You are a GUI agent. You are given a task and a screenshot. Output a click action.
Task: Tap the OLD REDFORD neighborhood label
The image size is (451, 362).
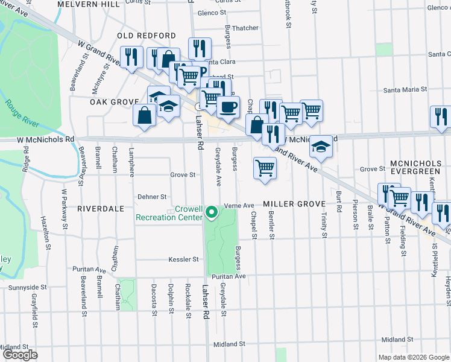[x=147, y=36]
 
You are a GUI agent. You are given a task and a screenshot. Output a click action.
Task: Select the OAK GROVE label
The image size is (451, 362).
[x=110, y=102]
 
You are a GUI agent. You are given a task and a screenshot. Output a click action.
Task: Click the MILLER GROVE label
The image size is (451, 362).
[x=294, y=205]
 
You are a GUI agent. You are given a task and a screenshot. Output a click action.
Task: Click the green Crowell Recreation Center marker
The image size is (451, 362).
[x=211, y=212]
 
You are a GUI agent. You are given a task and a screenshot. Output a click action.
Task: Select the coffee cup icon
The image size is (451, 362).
[x=228, y=107]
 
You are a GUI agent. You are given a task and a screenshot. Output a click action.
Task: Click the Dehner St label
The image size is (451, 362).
[x=151, y=197]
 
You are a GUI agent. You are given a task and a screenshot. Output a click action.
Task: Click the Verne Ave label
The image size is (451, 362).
[x=239, y=206]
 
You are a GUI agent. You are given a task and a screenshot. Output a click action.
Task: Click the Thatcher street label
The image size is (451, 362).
[x=245, y=28]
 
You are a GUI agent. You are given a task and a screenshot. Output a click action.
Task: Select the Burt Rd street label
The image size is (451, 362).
[x=339, y=205]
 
